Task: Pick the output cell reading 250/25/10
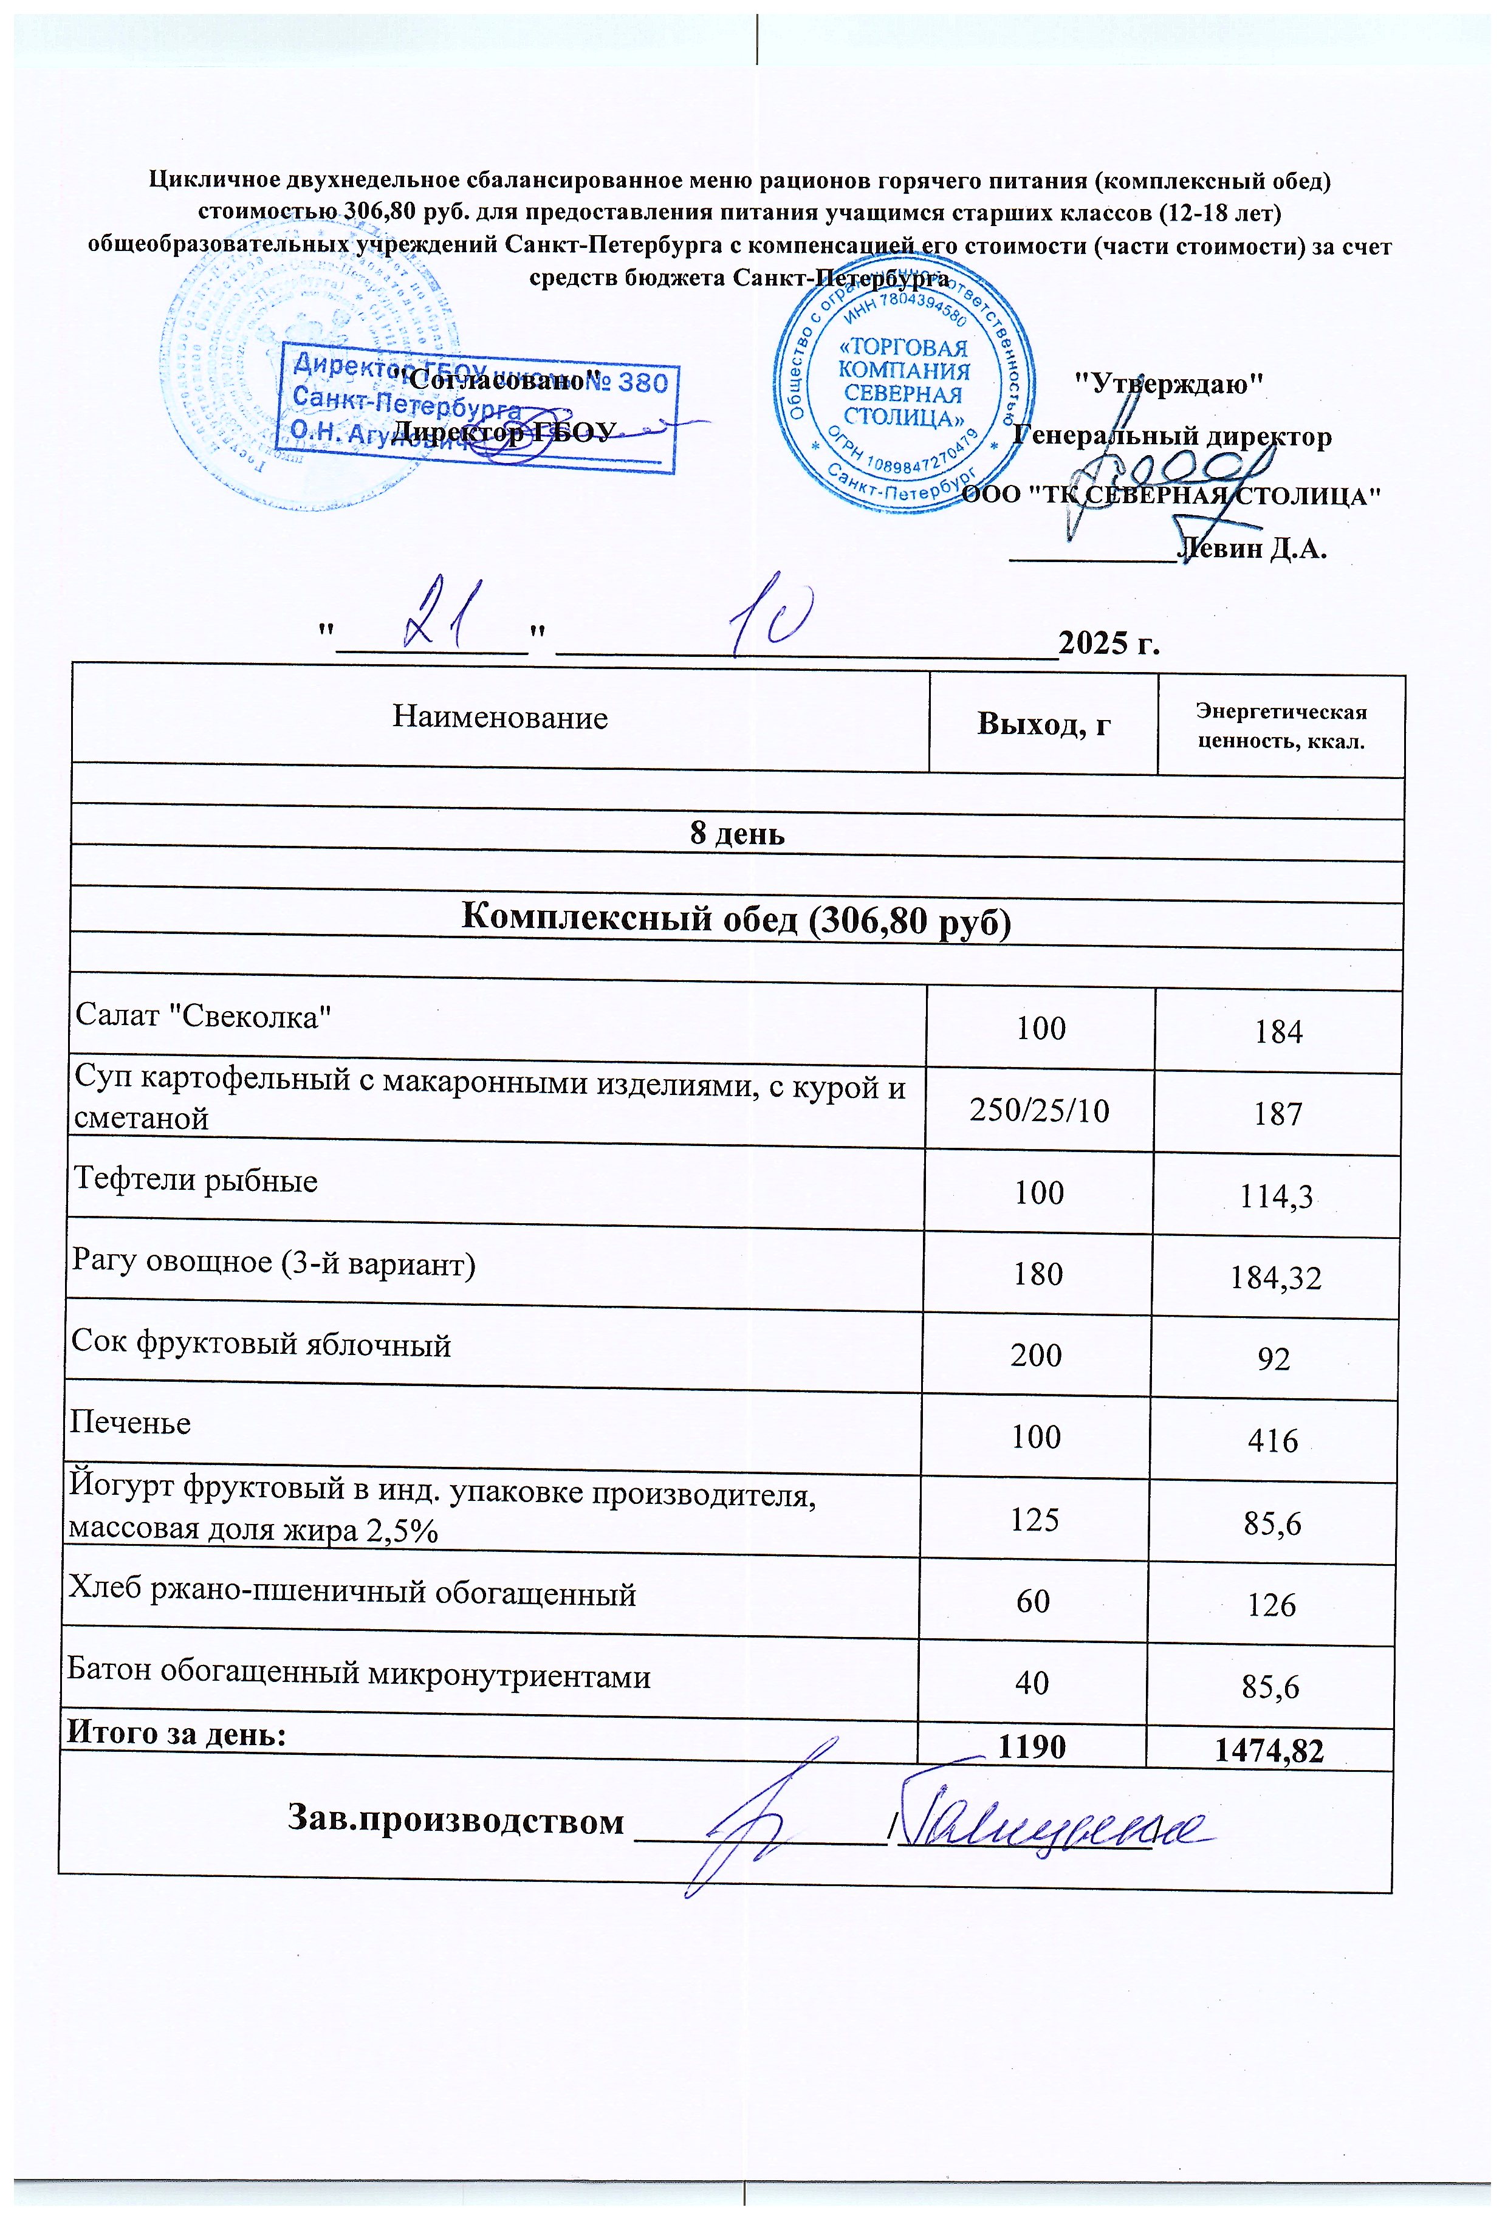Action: (1040, 1111)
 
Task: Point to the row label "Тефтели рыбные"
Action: (196, 1179)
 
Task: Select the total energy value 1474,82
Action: (1269, 1751)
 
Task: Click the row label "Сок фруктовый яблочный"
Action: (261, 1345)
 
